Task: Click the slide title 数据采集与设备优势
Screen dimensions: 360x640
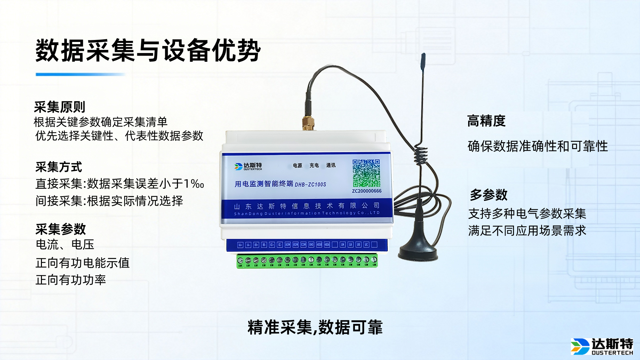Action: coord(148,51)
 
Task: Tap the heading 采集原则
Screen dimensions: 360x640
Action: coord(60,107)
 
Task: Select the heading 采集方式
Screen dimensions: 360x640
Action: coord(59,167)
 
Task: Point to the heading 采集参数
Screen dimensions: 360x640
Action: coord(61,229)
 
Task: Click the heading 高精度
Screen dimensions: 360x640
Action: coord(486,121)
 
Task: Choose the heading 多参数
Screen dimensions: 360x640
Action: coord(489,195)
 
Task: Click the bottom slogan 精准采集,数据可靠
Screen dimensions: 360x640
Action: coord(315,327)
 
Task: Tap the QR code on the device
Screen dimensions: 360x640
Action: coord(366,173)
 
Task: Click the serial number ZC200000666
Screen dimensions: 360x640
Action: coord(367,191)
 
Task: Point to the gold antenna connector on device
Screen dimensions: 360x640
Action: coord(308,123)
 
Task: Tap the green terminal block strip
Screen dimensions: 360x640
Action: coord(307,260)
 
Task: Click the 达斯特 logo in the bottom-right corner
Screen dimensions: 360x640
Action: coord(602,346)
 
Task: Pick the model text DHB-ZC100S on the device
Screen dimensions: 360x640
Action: coord(310,185)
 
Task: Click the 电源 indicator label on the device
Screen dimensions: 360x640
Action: coord(297,165)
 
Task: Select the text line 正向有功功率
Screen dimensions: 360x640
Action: coord(71,280)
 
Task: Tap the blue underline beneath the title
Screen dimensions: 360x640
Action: coord(80,75)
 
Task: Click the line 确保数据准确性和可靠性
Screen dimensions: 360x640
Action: coord(538,146)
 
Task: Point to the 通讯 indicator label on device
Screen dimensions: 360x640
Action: coord(331,165)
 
